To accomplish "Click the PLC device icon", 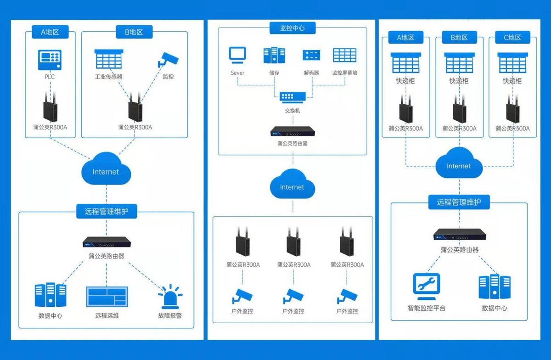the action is (50, 60).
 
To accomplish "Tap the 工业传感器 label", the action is (108, 77).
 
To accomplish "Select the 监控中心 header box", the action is (292, 28).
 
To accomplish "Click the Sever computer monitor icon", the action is (237, 55).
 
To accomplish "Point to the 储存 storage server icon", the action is (274, 55).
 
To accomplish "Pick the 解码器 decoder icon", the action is (311, 55).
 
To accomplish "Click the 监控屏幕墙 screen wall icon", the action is (345, 55).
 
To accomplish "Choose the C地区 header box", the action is (512, 37).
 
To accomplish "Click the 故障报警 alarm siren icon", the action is (170, 296).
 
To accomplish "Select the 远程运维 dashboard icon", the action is (107, 297).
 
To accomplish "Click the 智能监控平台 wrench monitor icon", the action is (426, 287).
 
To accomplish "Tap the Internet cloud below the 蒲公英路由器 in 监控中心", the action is (292, 184).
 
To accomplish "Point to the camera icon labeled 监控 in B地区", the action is (168, 60).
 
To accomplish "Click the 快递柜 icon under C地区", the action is (512, 63).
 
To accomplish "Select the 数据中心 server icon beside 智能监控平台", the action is (495, 287).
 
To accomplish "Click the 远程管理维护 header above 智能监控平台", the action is (459, 202).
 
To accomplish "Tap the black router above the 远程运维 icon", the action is (107, 242).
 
